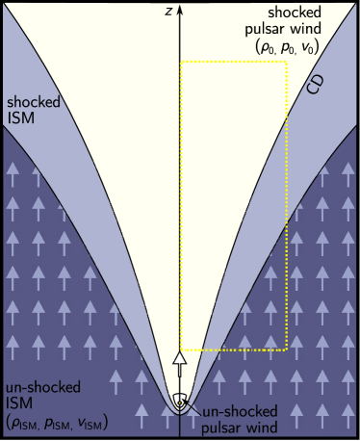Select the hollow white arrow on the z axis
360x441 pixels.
[x=179, y=366]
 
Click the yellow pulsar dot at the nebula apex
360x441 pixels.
[x=180, y=402]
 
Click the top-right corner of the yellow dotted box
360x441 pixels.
[x=287, y=63]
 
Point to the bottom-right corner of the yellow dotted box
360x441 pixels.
[x=287, y=350]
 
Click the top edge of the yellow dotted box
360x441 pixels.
[x=234, y=63]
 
